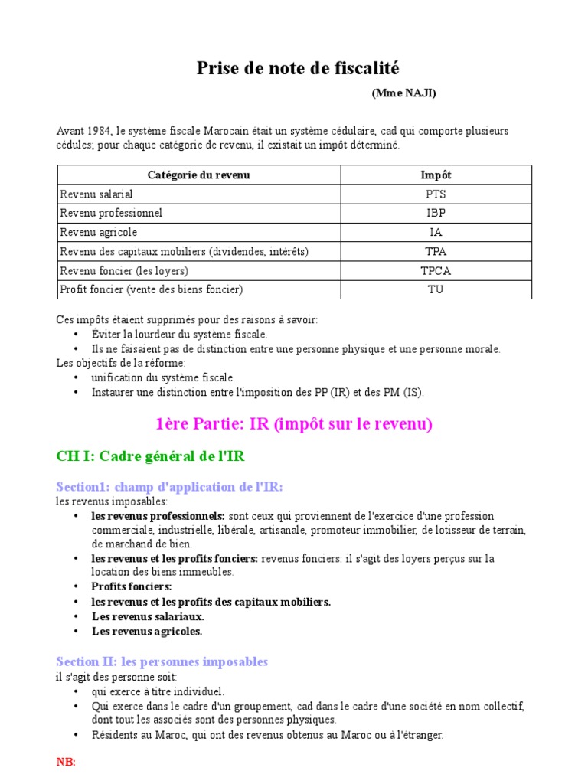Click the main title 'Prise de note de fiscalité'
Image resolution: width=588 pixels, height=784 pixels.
pyautogui.click(x=298, y=69)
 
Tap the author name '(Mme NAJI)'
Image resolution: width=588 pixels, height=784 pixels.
pyautogui.click(x=404, y=93)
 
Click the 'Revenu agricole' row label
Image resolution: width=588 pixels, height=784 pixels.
pyautogui.click(x=99, y=233)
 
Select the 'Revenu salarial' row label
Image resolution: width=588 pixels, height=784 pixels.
pyautogui.click(x=96, y=194)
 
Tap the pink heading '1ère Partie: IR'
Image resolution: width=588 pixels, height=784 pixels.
pyautogui.click(x=294, y=424)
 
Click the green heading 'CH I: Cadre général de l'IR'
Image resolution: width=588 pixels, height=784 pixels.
pyautogui.click(x=151, y=456)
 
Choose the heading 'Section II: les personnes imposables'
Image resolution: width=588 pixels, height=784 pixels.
pyautogui.click(x=162, y=661)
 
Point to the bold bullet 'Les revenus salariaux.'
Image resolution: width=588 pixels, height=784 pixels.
pyautogui.click(x=148, y=616)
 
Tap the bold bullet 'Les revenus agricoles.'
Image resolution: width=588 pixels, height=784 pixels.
pyautogui.click(x=147, y=632)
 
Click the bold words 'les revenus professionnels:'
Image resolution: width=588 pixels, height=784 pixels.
pyautogui.click(x=158, y=516)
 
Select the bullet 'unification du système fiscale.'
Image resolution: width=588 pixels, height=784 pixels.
pyautogui.click(x=163, y=377)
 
